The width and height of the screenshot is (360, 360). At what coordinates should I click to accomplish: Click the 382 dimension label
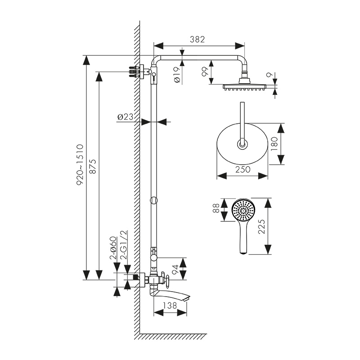tap(197, 39)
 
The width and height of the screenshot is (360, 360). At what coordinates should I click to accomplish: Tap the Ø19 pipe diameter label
tap(176, 73)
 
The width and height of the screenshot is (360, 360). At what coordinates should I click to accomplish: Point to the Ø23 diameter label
tap(126, 117)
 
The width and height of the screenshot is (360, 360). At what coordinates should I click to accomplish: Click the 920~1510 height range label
tap(80, 165)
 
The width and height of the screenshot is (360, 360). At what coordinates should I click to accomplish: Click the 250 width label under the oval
tap(243, 169)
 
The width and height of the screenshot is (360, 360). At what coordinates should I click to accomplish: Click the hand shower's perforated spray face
tap(243, 210)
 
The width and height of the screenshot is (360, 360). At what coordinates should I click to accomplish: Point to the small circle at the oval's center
tap(243, 144)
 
